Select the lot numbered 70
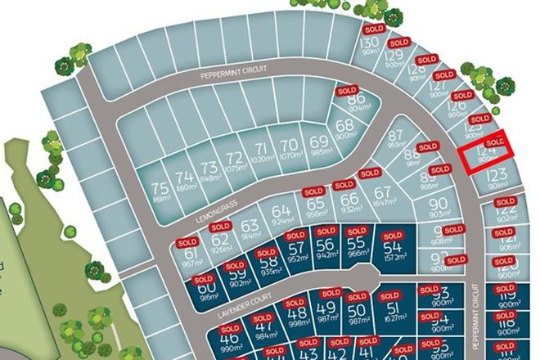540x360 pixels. click(x=288, y=146)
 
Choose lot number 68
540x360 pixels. click(x=344, y=126)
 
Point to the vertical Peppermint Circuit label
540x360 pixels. click(x=477, y=312)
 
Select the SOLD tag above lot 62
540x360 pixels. click(x=219, y=226)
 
